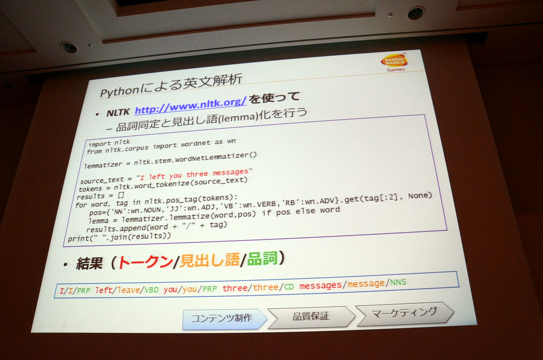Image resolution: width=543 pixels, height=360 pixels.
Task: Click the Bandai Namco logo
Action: pyautogui.click(x=395, y=62)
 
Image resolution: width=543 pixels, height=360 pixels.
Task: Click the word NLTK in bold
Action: pyautogui.click(x=118, y=112)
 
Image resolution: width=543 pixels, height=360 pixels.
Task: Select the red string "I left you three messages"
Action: pyautogui.click(x=194, y=174)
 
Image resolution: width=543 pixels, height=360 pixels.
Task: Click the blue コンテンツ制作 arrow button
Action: pyautogui.click(x=224, y=319)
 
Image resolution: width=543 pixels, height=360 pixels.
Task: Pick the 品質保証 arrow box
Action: pyautogui.click(x=311, y=316)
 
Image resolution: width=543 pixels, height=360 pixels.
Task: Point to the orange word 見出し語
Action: pyautogui.click(x=210, y=260)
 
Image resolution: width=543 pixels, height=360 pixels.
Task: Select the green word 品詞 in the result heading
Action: pyautogui.click(x=262, y=259)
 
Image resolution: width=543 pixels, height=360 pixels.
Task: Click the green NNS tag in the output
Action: pyautogui.click(x=398, y=282)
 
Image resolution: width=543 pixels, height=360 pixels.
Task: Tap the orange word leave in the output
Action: pyautogui.click(x=129, y=290)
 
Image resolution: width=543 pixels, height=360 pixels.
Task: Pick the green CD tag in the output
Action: pyautogui.click(x=289, y=287)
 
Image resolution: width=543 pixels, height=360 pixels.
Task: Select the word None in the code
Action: pyautogui.click(x=420, y=196)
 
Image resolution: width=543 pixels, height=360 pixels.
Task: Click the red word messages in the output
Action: pyautogui.click(x=320, y=286)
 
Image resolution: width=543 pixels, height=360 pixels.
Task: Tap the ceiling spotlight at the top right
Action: pyautogui.click(x=416, y=13)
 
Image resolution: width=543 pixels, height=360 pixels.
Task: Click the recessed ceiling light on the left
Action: pyautogui.click(x=69, y=48)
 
